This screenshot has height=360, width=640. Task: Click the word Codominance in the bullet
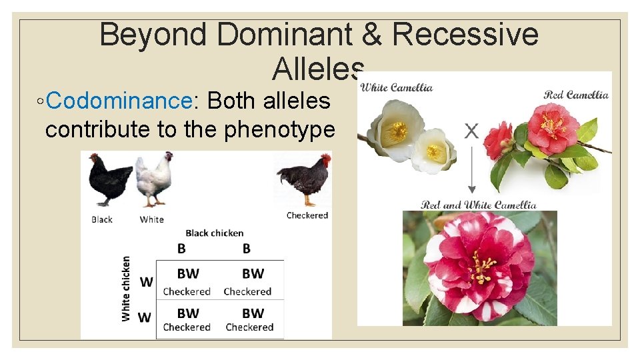pos(120,101)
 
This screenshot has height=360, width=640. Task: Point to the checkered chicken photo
pos(304,178)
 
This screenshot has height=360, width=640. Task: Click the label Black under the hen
pos(102,219)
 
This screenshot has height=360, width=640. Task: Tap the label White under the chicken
pos(152,219)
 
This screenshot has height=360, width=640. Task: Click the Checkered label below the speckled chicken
pos(307,215)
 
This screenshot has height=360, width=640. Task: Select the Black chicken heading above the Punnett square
pos(215,233)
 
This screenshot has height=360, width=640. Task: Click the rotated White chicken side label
pos(126,288)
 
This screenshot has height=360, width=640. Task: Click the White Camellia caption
pos(397,87)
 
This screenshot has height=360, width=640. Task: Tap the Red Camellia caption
pos(576,95)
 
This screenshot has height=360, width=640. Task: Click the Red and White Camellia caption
pos(479,205)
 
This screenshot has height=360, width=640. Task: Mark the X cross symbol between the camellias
pos(471,131)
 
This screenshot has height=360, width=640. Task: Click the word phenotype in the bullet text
pos(279,129)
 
